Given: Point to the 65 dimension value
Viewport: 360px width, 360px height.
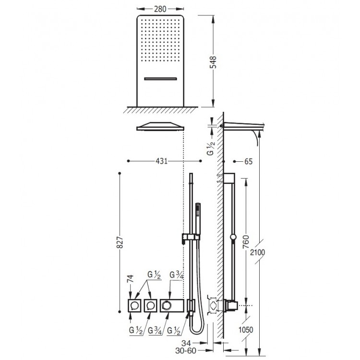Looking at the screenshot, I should click(x=248, y=161).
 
